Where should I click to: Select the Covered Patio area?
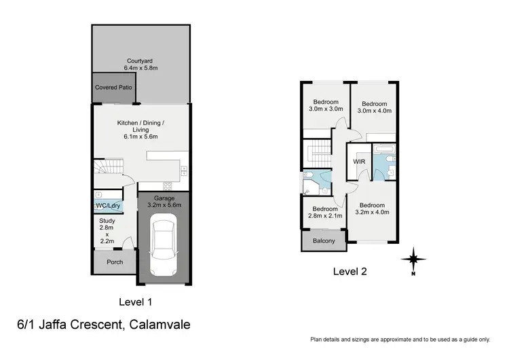tap(113, 88)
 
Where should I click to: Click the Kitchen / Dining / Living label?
tap(140, 129)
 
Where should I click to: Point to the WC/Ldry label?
tap(105, 206)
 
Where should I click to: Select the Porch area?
tap(114, 262)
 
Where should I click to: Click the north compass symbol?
tap(413, 259)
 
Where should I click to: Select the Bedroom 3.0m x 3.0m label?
tap(326, 105)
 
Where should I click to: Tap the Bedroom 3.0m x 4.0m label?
tap(375, 107)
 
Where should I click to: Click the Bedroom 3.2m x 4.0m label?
tap(373, 209)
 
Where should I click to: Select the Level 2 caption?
tap(350, 271)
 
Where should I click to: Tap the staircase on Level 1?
tap(109, 166)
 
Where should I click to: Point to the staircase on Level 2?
tap(318, 154)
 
